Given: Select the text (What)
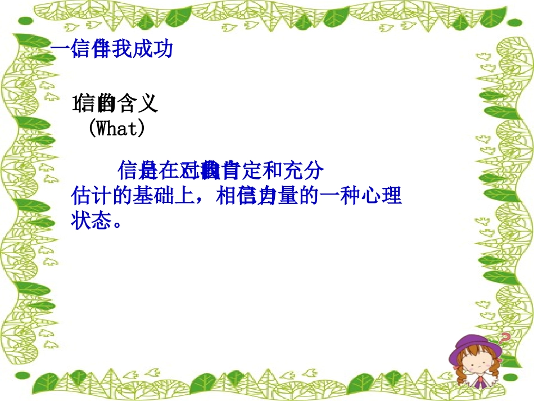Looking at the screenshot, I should (x=116, y=129).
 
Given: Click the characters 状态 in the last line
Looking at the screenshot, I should (x=90, y=220).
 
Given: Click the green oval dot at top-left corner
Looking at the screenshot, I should (x=24, y=21).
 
